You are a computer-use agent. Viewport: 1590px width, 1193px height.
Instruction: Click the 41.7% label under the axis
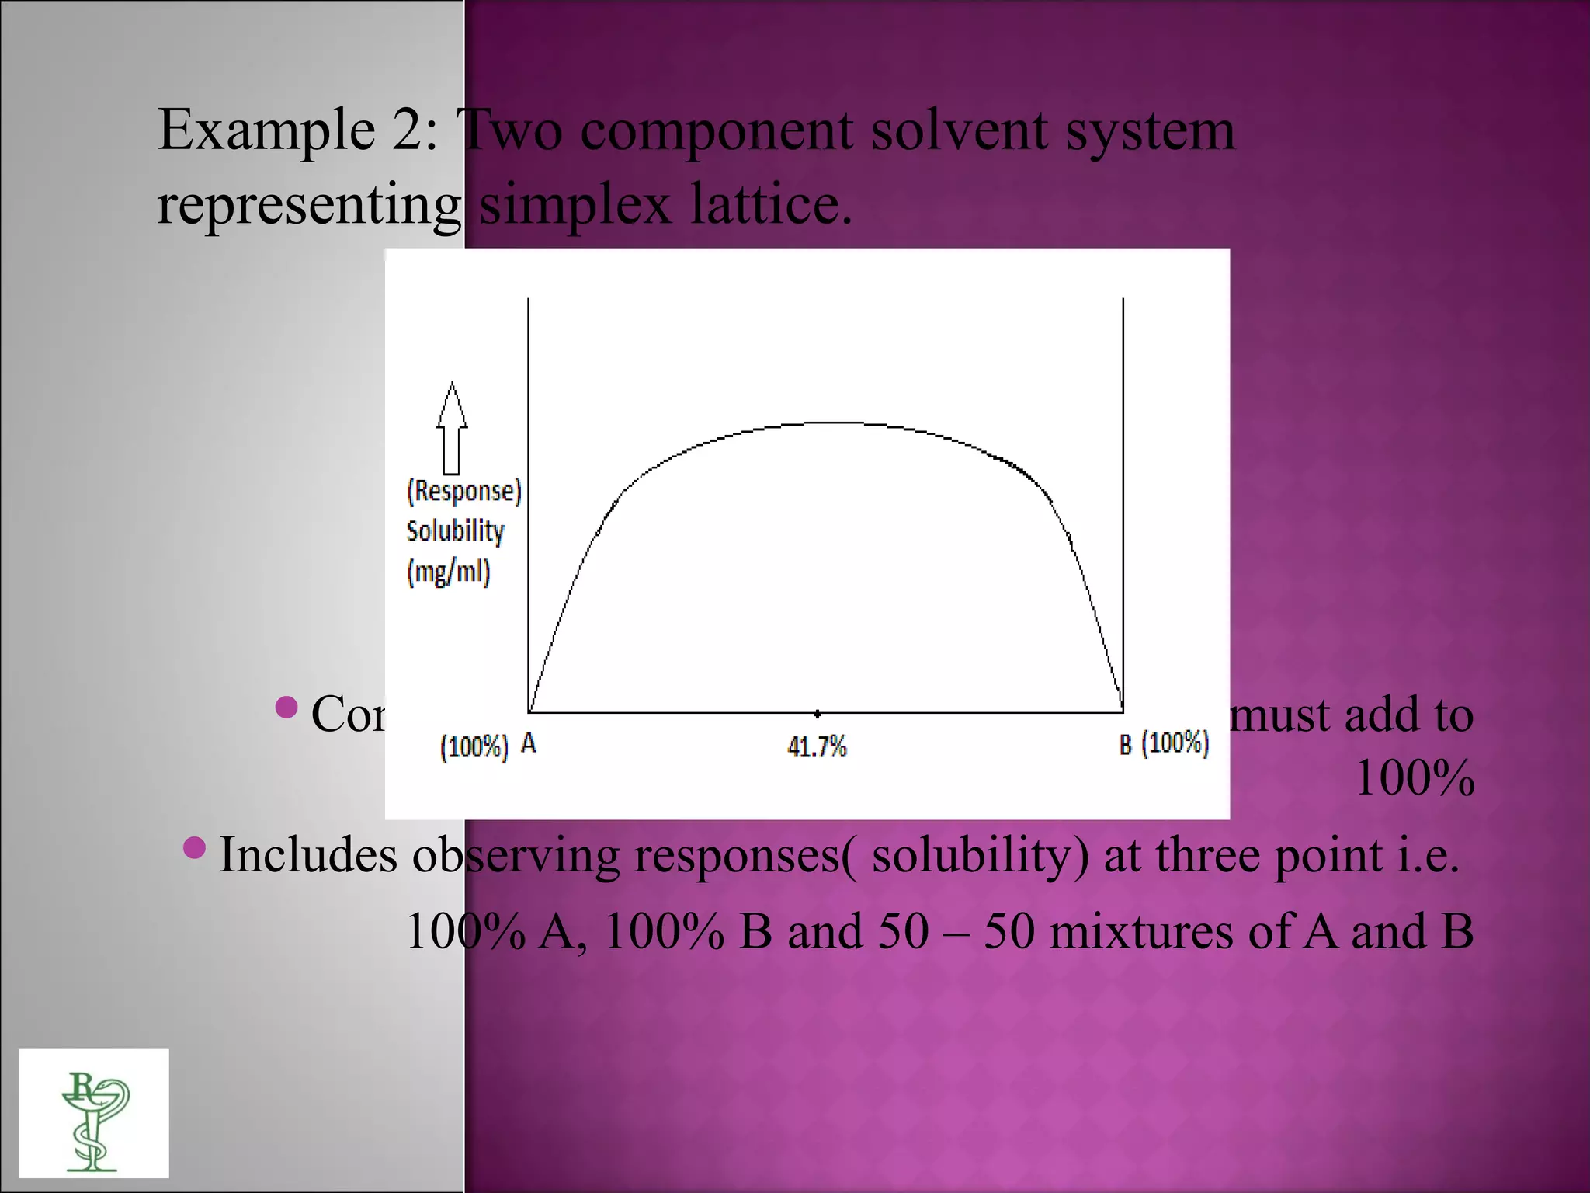(x=817, y=747)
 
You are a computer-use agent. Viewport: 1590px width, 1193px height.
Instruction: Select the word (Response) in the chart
(x=464, y=491)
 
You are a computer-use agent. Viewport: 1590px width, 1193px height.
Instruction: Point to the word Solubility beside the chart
(x=456, y=531)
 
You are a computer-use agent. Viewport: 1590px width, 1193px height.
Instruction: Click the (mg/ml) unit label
(x=449, y=572)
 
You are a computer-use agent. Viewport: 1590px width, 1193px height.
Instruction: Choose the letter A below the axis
(x=528, y=744)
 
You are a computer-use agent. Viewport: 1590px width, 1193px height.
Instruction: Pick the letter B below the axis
(x=1126, y=745)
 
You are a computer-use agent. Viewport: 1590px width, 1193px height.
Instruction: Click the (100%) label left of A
(x=474, y=747)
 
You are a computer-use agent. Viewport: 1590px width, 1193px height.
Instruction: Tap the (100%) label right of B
(x=1175, y=743)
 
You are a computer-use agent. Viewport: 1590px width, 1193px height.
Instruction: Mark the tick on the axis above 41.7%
(x=817, y=712)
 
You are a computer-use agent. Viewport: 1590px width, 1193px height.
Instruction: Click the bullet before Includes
(x=195, y=847)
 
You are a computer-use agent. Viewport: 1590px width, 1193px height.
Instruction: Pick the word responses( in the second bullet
(x=746, y=855)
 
